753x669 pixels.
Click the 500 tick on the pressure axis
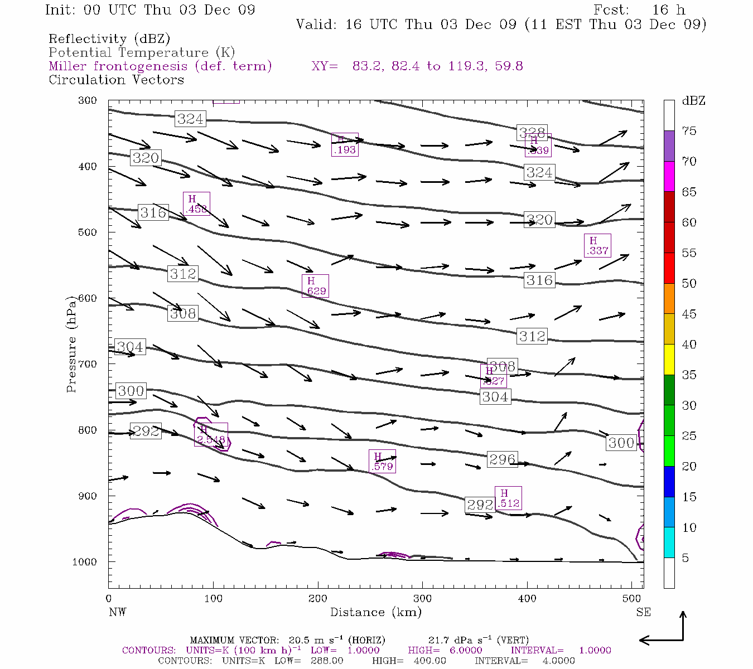pos(88,232)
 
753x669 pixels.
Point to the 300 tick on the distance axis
pos(422,598)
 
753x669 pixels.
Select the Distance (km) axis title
pos(375,612)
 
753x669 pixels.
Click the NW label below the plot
pos(117,612)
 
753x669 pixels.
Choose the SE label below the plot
pos(643,612)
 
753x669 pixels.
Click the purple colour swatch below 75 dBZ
pos(669,146)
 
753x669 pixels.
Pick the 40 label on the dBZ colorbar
pos(689,345)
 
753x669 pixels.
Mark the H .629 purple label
pos(315,285)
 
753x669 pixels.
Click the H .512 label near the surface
pos(508,498)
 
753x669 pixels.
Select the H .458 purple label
pos(196,203)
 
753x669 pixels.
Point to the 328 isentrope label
pos(532,133)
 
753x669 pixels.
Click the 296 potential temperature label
pos(502,459)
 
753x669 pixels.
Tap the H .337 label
pos(597,245)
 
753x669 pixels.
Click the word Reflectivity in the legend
pos(88,39)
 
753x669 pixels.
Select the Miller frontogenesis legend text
pos(160,66)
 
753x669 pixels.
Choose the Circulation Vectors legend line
pos(116,80)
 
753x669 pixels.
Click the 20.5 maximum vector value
pos(299,640)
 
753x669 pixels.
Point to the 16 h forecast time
pos(668,10)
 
